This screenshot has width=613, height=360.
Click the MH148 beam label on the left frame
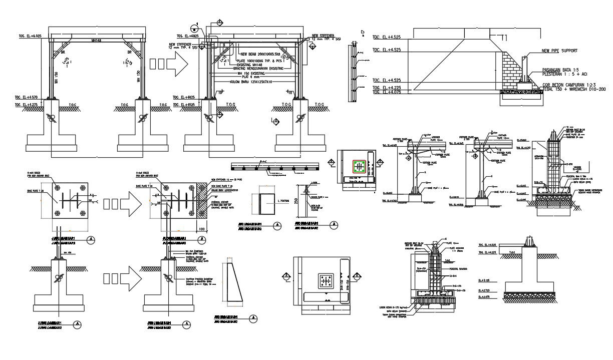[97, 40]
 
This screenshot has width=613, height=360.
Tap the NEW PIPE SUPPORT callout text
[559, 51]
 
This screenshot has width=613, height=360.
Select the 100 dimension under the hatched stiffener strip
[201, 229]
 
